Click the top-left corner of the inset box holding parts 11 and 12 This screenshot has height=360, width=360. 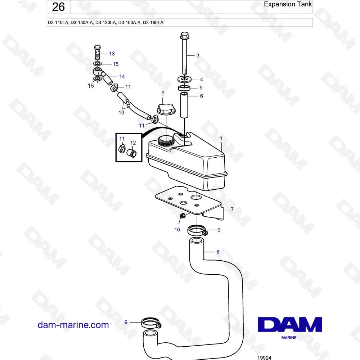[x=116, y=133]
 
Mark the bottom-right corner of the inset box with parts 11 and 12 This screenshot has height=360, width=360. [x=142, y=162]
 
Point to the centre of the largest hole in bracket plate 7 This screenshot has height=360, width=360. [x=195, y=197]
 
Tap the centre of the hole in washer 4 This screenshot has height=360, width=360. [x=184, y=79]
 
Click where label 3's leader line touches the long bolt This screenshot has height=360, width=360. [x=186, y=55]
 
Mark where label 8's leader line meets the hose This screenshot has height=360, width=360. [x=204, y=252]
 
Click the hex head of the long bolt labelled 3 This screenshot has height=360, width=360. [x=184, y=36]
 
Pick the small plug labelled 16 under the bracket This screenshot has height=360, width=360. [x=183, y=216]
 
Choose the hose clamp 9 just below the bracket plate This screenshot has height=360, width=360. [x=197, y=230]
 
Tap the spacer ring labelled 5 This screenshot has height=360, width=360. [x=184, y=88]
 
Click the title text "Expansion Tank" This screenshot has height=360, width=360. [x=288, y=4]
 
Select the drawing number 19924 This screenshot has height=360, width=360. [x=264, y=357]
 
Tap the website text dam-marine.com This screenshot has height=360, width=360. [x=73, y=325]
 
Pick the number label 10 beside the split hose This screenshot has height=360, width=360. [x=121, y=112]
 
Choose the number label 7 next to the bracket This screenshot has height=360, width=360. [x=232, y=209]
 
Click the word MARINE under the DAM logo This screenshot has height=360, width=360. [x=289, y=338]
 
